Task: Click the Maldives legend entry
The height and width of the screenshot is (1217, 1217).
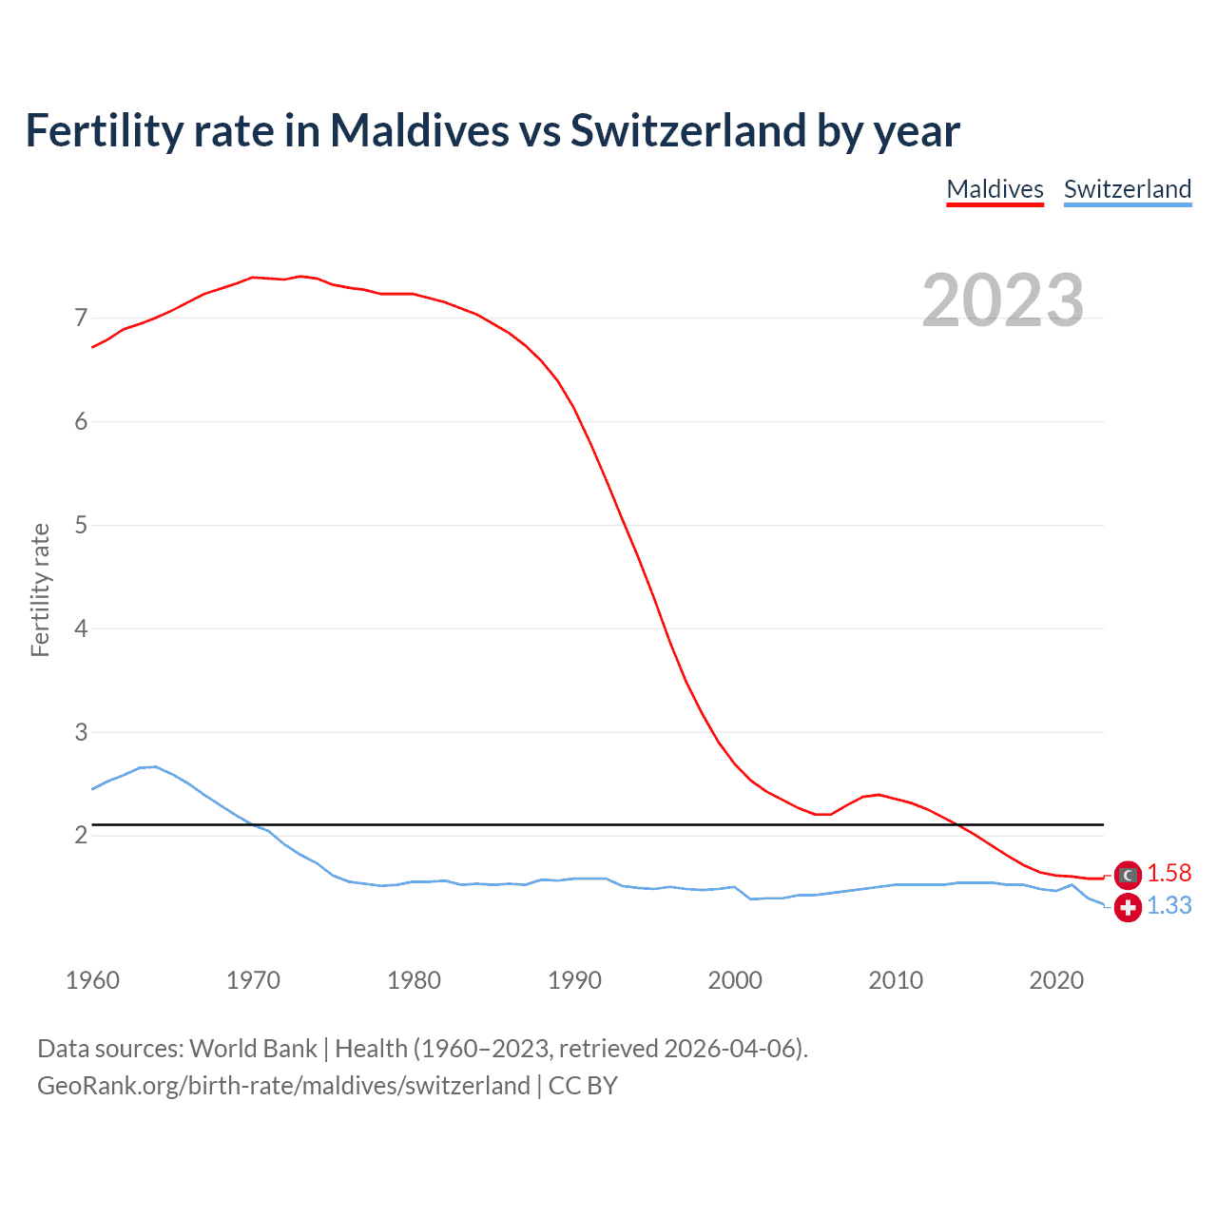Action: click(x=995, y=189)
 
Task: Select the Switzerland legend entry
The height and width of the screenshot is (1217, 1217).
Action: click(x=1127, y=189)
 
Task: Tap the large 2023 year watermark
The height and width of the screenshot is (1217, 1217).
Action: click(x=1003, y=300)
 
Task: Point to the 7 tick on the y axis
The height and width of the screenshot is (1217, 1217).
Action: click(x=81, y=318)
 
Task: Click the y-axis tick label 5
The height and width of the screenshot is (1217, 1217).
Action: click(x=81, y=525)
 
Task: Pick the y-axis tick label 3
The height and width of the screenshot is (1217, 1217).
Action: click(x=81, y=732)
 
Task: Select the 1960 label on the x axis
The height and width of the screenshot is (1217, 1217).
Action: click(x=92, y=980)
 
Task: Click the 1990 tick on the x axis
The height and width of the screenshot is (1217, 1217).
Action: click(x=574, y=980)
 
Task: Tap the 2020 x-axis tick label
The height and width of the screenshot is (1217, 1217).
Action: click(x=1056, y=980)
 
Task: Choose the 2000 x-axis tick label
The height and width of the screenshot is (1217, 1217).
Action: click(x=735, y=980)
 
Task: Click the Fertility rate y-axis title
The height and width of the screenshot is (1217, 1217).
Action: click(x=40, y=589)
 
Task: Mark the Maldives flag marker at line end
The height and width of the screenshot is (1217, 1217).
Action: click(x=1127, y=875)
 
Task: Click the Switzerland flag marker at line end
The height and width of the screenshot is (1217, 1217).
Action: click(x=1127, y=908)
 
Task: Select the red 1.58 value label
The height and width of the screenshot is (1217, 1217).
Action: click(x=1169, y=874)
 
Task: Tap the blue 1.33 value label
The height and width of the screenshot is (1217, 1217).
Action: click(x=1169, y=906)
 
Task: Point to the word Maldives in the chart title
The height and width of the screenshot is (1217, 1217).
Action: click(x=419, y=130)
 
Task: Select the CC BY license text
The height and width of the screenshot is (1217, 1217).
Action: click(x=583, y=1086)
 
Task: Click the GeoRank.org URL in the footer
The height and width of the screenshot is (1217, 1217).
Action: click(x=283, y=1086)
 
